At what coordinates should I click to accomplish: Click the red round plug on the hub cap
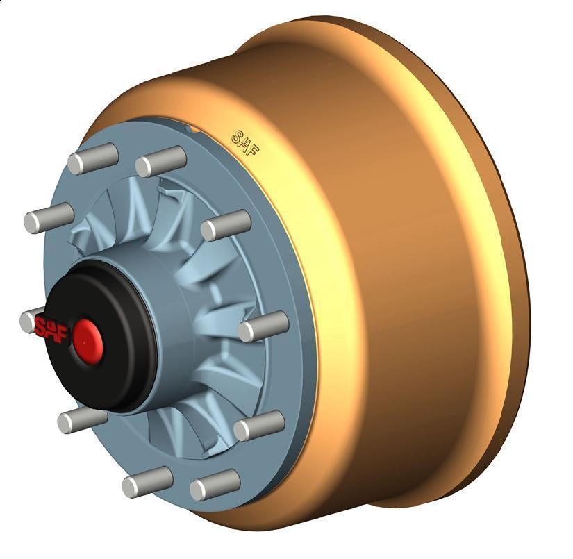88,341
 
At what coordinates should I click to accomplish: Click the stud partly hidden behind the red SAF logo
29,321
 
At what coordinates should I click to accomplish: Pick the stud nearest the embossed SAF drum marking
161,162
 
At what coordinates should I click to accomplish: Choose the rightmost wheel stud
263,326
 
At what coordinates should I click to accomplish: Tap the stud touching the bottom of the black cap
82,420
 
